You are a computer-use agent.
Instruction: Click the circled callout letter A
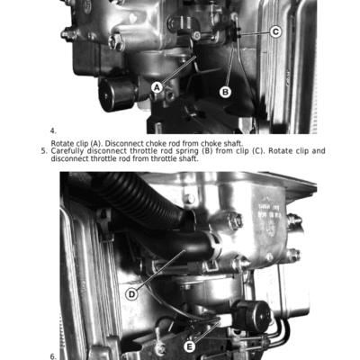click(157, 88)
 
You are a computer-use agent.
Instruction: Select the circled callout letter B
click(225, 92)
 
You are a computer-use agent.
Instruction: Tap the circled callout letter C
click(275, 31)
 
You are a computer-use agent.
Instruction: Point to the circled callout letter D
click(131, 294)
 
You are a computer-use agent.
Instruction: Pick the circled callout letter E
click(189, 347)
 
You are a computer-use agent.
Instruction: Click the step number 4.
click(53, 130)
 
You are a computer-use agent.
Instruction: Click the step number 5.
click(44, 151)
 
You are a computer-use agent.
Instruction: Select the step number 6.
click(53, 356)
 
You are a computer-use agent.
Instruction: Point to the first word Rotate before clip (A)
click(62, 143)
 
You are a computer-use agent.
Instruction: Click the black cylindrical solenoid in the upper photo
click(118, 94)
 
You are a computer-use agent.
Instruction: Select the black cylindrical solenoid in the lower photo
click(253, 315)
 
